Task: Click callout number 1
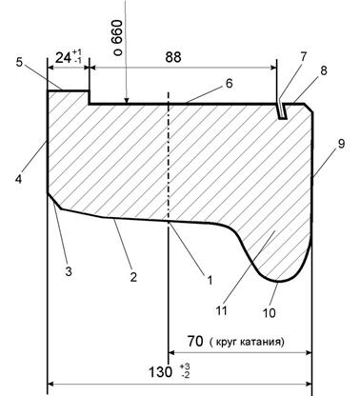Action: coord(210,280)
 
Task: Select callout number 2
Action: coord(133,277)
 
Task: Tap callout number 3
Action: coord(69,271)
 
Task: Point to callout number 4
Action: coord(19,179)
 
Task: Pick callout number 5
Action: coord(19,62)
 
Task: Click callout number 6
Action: coord(229,84)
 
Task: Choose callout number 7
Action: coord(303,56)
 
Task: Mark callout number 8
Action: coord(323,70)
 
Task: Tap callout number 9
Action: coord(341,144)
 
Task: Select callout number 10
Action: coord(269,313)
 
